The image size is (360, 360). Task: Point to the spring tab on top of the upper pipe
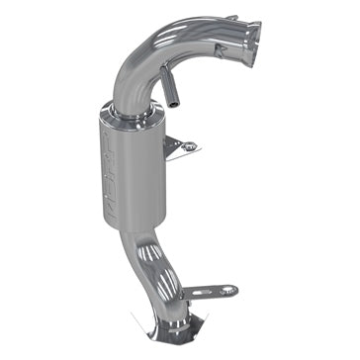(229, 18)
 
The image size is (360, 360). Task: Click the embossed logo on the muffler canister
(112, 173)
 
